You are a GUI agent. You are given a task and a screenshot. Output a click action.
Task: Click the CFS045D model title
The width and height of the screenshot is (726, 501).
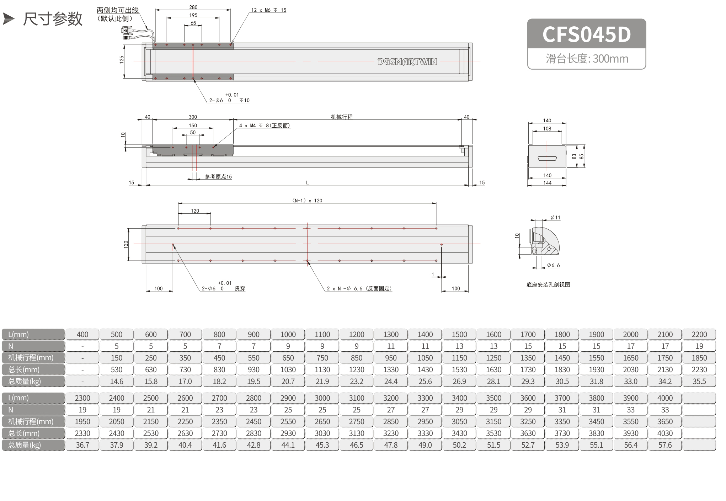point(586,34)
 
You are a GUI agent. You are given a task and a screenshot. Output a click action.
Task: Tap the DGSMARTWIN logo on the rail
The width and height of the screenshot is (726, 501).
point(407,62)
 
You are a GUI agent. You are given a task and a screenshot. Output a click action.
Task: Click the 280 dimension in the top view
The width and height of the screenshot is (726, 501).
point(193,7)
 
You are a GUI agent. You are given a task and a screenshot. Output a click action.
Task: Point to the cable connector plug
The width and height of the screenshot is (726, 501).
point(127,33)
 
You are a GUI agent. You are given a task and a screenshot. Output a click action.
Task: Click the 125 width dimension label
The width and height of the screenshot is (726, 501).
point(122,59)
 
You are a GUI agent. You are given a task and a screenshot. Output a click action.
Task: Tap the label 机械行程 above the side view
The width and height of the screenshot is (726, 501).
point(342,117)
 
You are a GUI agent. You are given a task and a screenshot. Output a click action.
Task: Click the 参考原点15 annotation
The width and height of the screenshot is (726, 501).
point(218,177)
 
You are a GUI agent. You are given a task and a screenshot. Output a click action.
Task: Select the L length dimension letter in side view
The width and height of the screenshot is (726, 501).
point(308,182)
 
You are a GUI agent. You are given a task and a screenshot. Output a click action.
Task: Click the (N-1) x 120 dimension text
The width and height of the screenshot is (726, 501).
point(307,201)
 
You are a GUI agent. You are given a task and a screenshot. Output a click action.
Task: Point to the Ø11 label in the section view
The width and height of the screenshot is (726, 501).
point(555,218)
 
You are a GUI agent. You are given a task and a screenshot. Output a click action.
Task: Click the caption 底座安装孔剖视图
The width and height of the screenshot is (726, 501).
point(548,284)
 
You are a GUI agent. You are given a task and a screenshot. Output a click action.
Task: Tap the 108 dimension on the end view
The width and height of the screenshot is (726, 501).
point(547,128)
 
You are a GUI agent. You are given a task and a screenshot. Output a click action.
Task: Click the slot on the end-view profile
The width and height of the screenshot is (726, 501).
point(547,158)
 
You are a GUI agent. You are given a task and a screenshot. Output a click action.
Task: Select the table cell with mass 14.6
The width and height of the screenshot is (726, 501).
point(117,381)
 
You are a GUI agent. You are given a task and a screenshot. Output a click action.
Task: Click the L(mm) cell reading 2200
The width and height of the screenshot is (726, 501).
point(699,334)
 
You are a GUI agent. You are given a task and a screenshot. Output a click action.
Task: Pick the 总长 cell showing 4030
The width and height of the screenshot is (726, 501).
point(665,433)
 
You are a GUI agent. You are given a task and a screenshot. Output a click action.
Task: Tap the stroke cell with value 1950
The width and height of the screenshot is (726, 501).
point(82,421)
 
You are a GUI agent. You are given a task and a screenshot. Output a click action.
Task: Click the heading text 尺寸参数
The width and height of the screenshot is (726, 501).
point(53,19)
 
